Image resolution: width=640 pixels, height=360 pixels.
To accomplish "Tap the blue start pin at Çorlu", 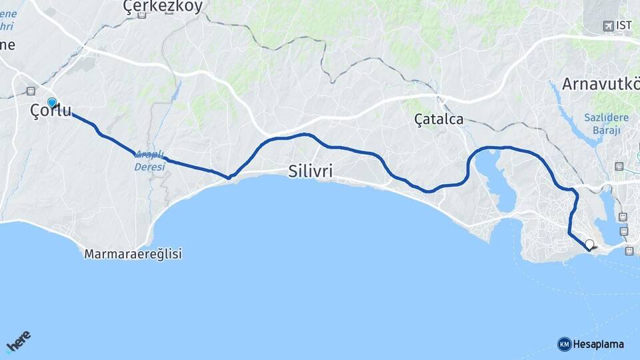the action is [52, 103].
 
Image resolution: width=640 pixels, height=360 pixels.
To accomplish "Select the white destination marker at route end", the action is [589, 245].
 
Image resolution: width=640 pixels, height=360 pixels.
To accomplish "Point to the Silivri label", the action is [311, 171].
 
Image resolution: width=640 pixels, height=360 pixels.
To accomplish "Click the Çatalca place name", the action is [439, 119].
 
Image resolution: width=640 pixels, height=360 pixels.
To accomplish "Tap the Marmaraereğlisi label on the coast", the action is [133, 254].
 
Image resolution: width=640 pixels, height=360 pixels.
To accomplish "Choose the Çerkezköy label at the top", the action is [163, 6].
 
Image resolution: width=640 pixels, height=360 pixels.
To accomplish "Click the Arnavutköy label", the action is [600, 84].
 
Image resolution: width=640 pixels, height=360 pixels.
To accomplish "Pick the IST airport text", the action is [624, 25].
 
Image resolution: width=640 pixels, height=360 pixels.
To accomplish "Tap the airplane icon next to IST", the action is [608, 26].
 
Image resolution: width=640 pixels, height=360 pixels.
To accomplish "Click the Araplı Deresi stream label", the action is [149, 161].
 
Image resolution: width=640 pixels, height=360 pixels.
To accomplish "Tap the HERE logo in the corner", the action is [18, 341].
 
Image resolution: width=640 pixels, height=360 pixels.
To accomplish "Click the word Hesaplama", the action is [598, 344].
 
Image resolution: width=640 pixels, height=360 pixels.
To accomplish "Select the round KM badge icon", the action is [564, 344].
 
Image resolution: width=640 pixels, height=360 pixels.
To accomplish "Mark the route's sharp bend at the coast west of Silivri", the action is [229, 177].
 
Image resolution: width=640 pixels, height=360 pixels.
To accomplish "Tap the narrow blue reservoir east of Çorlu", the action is [175, 93].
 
